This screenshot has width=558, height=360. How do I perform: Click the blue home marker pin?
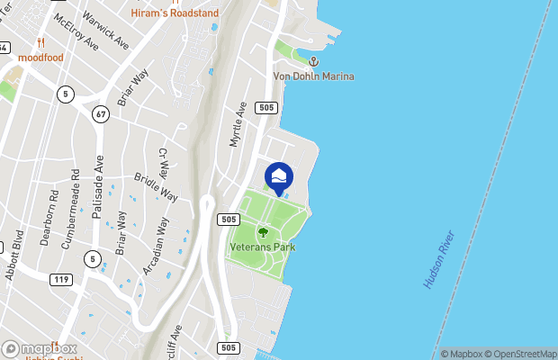click(279, 176)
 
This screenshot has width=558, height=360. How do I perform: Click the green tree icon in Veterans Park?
click(263, 232)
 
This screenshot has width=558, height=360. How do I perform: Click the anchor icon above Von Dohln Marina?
click(314, 61)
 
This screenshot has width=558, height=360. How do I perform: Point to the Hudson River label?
click(440, 259)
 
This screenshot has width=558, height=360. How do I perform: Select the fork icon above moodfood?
click(40, 43)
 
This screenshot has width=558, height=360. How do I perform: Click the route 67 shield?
click(100, 113)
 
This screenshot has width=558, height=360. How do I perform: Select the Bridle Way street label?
click(156, 186)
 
